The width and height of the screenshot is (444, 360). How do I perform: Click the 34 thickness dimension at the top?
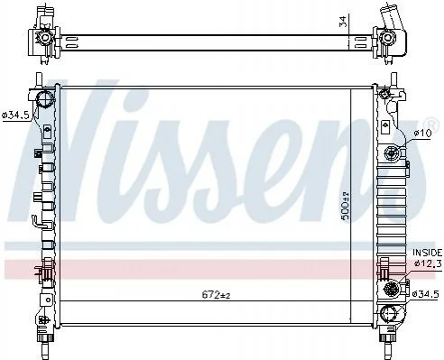coord(343,21)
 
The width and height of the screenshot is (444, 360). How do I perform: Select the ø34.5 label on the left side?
coord(15,115)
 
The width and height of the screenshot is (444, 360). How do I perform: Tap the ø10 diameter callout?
coord(422,133)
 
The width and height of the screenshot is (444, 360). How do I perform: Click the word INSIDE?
coord(427,253)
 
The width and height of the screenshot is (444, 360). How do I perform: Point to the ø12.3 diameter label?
coord(428,263)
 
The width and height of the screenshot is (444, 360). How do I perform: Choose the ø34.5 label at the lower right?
coord(426,294)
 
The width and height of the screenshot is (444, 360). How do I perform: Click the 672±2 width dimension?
coord(216,295)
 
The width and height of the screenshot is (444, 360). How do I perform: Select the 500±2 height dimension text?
coord(346,206)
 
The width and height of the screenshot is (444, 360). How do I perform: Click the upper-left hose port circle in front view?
coord(45,98)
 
